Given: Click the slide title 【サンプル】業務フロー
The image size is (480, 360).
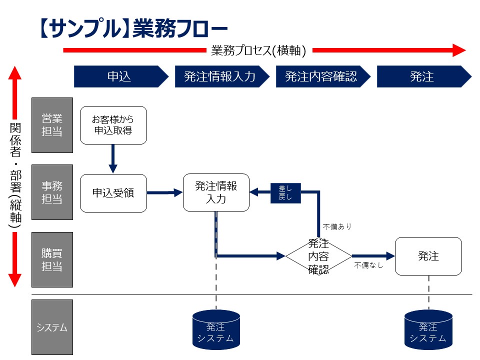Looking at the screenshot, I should (x=132, y=28).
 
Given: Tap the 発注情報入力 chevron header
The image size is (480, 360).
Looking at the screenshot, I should (x=220, y=76).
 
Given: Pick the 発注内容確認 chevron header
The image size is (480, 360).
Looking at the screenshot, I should (x=321, y=76).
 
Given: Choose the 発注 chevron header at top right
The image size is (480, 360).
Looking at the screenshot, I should (x=422, y=76).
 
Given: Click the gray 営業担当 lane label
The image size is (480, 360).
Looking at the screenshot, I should (x=52, y=125).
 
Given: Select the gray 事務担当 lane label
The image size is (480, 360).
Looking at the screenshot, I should (x=52, y=192).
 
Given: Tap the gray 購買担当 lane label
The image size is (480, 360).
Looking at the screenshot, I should (x=52, y=259).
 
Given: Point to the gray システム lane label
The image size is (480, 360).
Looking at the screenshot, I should (x=52, y=327).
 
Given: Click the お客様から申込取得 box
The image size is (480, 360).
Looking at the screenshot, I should (x=113, y=125).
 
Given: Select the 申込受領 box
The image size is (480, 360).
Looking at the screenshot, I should (x=113, y=192).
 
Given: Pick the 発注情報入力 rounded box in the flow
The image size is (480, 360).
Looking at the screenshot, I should (x=216, y=192).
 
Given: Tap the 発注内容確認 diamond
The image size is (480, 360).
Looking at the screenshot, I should (x=318, y=256).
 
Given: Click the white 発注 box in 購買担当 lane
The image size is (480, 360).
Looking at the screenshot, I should (x=428, y=256).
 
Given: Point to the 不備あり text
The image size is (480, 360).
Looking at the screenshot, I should (x=337, y=226).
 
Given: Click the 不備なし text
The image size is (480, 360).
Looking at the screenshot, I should (x=368, y=265).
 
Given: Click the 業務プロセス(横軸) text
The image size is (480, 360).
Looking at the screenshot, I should (x=258, y=50).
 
